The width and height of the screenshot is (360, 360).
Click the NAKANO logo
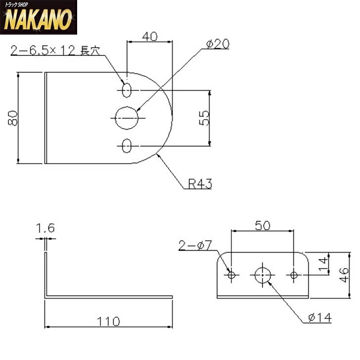pyautogui.click(x=39, y=17)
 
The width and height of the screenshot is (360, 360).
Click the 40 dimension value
pyautogui.click(x=150, y=37)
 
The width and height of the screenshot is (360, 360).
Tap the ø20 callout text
pyautogui.click(x=218, y=44)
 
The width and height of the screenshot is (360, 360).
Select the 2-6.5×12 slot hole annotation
pyautogui.click(x=55, y=50)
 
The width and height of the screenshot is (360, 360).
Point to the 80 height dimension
pyautogui.click(x=13, y=118)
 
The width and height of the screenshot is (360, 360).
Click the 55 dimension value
pyautogui.click(x=204, y=118)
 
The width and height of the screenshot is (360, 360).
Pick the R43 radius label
pyautogui.click(x=200, y=183)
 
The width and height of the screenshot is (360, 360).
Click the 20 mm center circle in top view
pyautogui.click(x=127, y=118)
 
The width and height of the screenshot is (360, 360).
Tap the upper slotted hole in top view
pyautogui.click(x=127, y=90)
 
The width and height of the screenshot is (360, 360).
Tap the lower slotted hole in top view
pyautogui.click(x=127, y=146)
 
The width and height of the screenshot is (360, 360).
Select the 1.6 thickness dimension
pyautogui.click(x=45, y=228)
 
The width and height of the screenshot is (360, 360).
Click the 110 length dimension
pyautogui.click(x=108, y=321)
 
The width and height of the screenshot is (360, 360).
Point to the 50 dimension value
pyautogui.click(x=263, y=225)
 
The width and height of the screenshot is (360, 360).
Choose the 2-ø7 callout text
pyautogui.click(x=195, y=245)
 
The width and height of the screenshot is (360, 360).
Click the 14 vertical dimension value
pyautogui.click(x=323, y=264)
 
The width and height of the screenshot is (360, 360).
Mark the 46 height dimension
pyautogui.click(x=344, y=275)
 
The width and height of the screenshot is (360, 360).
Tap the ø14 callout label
pyautogui.click(x=320, y=318)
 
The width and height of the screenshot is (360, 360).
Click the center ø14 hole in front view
pyautogui.click(x=263, y=275)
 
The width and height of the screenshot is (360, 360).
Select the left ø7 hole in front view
pyautogui.click(x=231, y=275)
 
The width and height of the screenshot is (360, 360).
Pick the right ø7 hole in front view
pyautogui.click(x=294, y=275)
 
